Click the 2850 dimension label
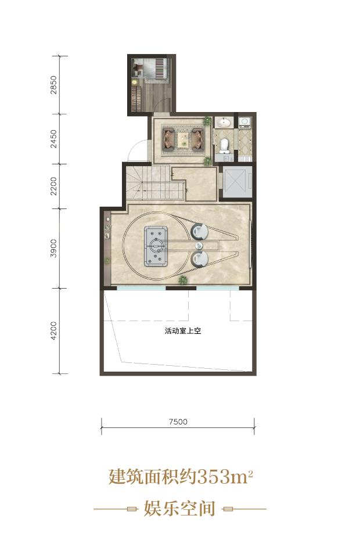53,85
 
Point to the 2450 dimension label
53,139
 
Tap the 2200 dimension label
53,186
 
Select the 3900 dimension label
53,248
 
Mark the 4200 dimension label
53,330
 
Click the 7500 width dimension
178,422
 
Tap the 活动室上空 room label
183,331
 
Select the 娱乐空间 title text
180,509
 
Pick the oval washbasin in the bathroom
224,123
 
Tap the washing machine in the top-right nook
244,122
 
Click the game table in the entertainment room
156,246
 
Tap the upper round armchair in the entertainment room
200,231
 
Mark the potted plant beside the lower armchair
183,280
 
